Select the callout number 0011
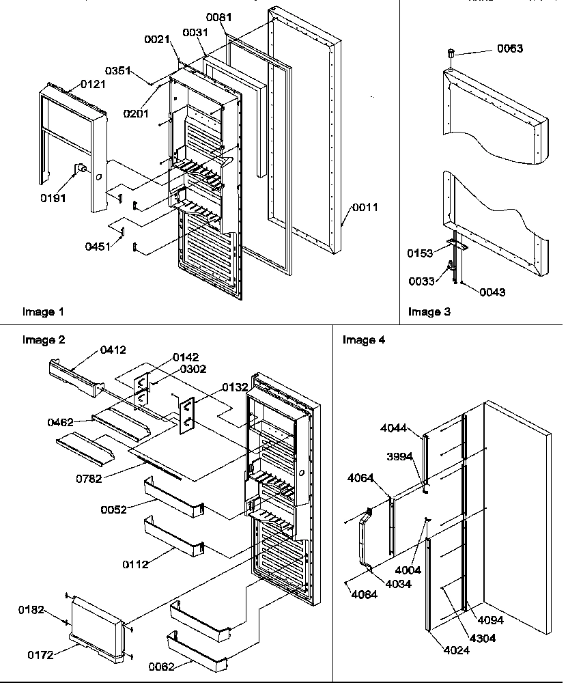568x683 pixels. coord(365,208)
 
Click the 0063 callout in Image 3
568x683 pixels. coord(511,48)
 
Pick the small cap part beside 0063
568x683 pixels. coord(451,53)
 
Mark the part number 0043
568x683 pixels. coord(492,292)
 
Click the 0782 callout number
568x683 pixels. coord(89,479)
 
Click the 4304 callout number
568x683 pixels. coord(482,638)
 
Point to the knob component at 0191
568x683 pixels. coord(80,168)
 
